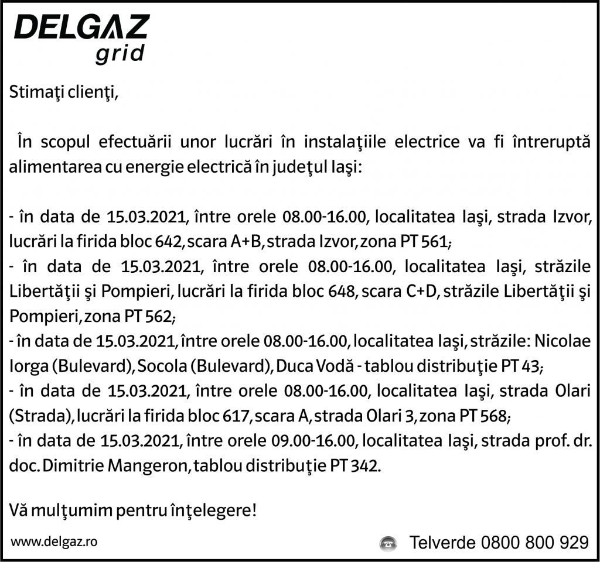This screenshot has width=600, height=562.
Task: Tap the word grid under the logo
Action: coord(119,54)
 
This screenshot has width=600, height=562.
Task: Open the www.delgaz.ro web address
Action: coord(54,542)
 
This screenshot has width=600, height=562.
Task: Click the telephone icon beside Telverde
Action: coord(388,543)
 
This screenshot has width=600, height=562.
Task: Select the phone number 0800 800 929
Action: coord(534,543)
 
